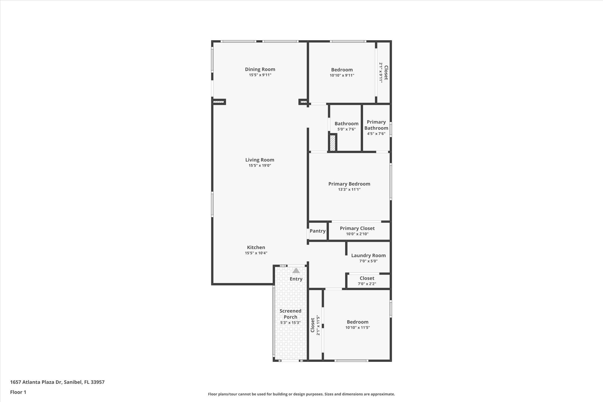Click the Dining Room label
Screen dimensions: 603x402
[x=260, y=69]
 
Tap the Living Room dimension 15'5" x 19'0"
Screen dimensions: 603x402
[x=260, y=166]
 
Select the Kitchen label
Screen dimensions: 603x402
[x=256, y=247]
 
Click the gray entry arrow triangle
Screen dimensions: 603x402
[x=296, y=270]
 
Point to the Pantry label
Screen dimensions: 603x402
[x=317, y=231]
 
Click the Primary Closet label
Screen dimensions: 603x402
[x=357, y=228]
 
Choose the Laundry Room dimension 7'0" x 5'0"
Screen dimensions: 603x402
[x=368, y=261]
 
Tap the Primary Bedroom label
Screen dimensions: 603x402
[x=349, y=184]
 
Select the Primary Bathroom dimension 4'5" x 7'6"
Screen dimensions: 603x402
[x=376, y=134]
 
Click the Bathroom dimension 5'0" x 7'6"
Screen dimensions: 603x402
[x=346, y=129]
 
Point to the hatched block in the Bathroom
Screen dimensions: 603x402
[x=333, y=143]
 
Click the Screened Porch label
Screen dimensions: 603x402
[x=290, y=314]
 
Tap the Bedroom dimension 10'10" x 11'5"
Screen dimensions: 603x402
[x=358, y=328]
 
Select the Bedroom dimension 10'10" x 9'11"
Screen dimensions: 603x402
[x=342, y=75]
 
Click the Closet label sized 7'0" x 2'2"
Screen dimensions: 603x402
[x=367, y=278]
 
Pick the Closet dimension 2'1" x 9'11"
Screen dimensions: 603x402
[x=381, y=72]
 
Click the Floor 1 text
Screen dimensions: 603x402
[x=18, y=392]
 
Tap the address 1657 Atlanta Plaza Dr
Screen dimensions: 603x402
[x=36, y=382]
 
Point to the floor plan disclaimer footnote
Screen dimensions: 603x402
[x=301, y=394]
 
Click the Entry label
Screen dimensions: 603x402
[x=296, y=279]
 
